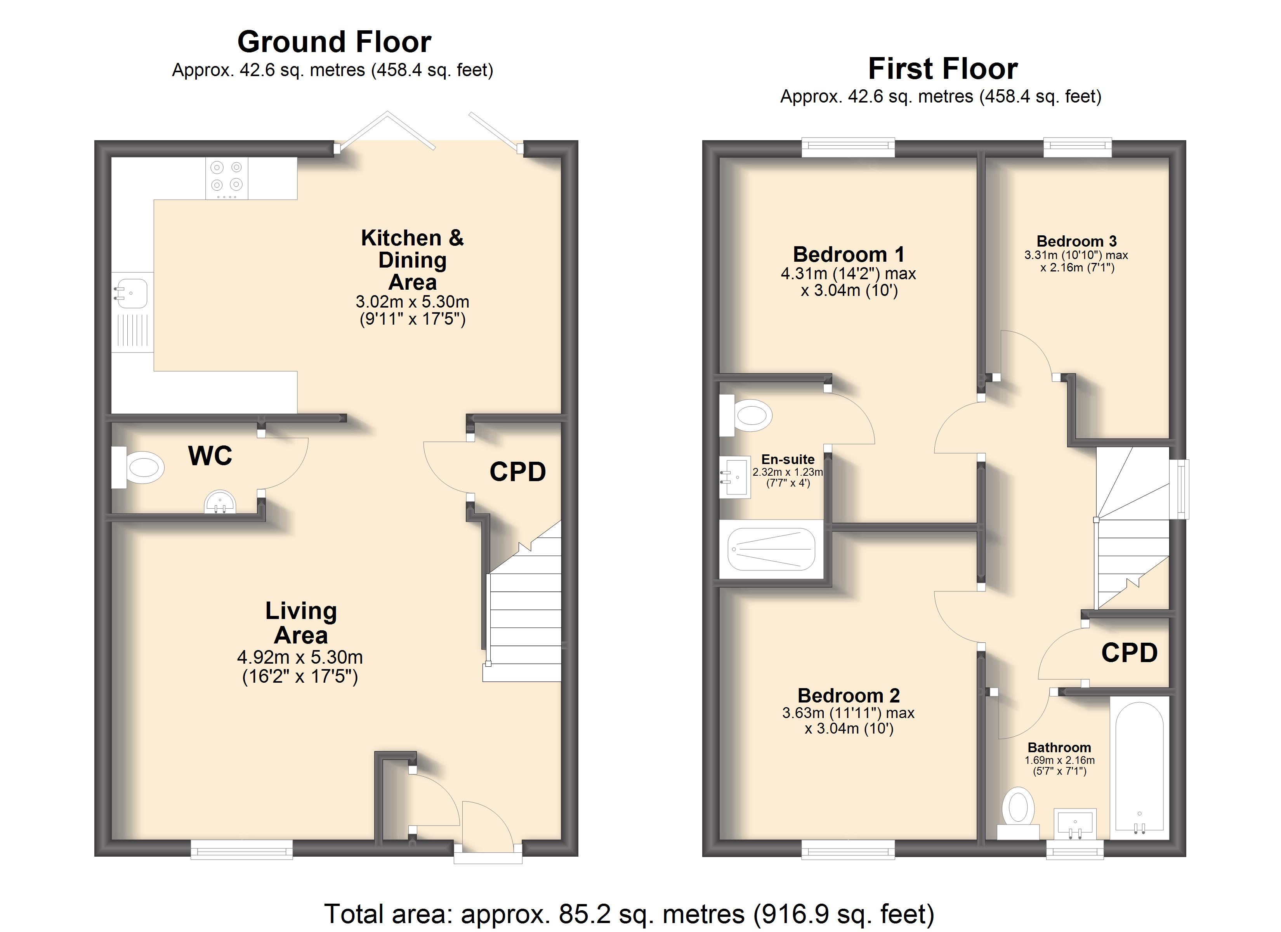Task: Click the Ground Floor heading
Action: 334,42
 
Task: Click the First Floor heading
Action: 943,69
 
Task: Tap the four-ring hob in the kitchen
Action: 226,178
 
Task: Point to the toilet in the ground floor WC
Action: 138,468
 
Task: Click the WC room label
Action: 210,456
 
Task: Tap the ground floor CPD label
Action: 517,472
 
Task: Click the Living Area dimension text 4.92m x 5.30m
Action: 300,657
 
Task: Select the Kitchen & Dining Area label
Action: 412,259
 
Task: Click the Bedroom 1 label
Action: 848,254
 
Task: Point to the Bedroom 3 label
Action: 1076,241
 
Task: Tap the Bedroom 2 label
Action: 848,695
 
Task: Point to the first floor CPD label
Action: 1130,653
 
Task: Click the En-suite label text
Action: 788,459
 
